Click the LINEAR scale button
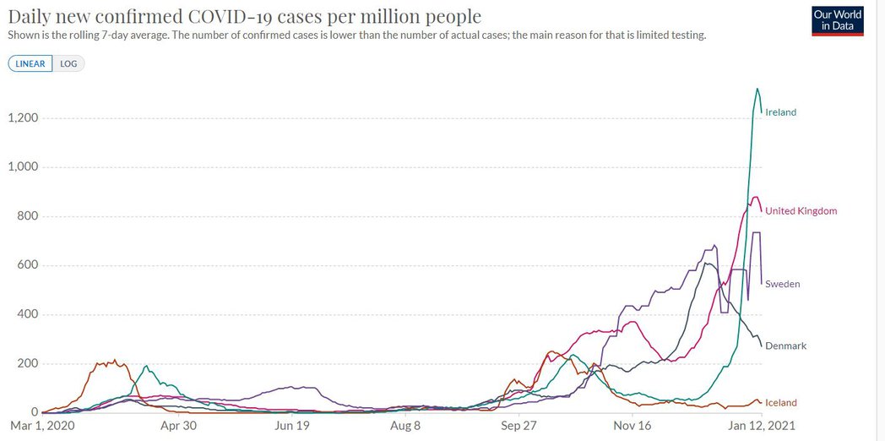(30, 63)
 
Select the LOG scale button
(68, 63)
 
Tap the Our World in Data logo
(837, 21)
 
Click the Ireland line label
(780, 112)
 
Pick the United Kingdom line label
(801, 211)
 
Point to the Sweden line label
(782, 285)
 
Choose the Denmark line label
(785, 346)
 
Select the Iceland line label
(780, 403)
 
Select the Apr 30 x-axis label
(177, 427)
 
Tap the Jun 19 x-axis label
(291, 427)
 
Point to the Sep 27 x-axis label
(519, 427)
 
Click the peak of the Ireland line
(757, 89)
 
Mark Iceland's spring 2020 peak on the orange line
(114, 361)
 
